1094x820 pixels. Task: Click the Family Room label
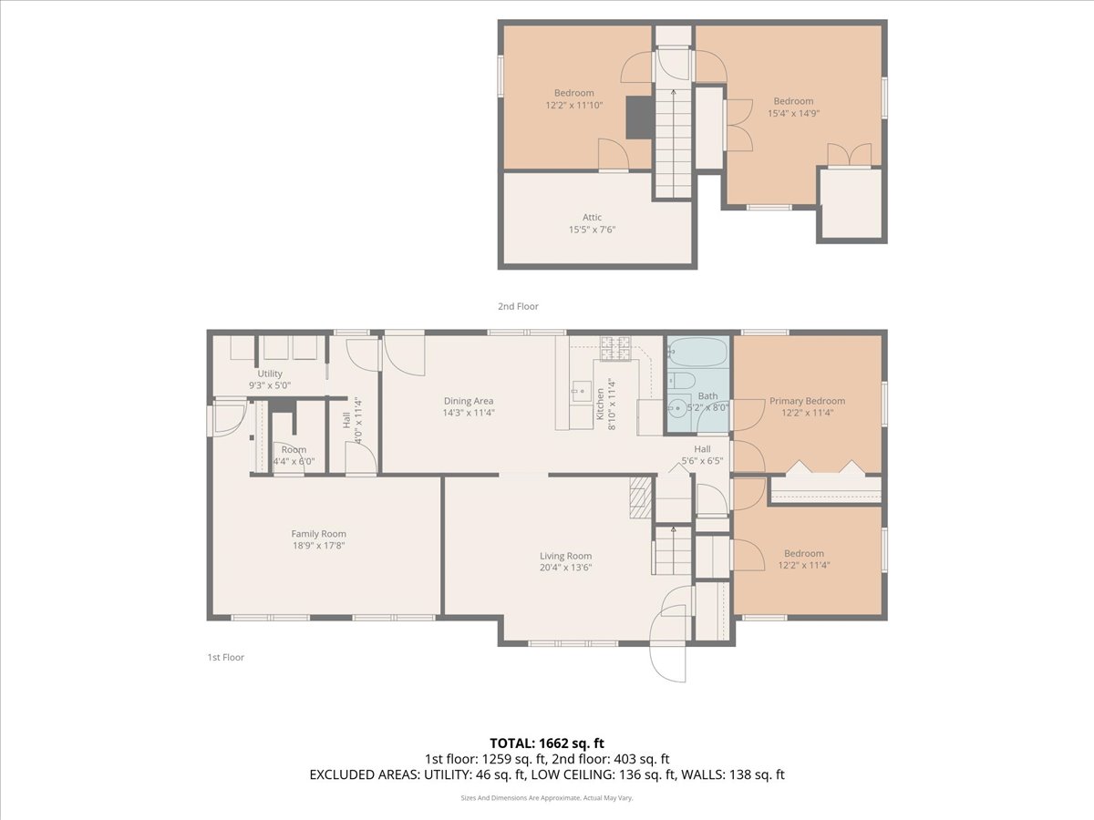(x=318, y=534)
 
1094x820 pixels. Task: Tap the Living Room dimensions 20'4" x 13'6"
(x=565, y=567)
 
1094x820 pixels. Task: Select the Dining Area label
(x=469, y=401)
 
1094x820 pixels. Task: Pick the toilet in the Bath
(x=682, y=380)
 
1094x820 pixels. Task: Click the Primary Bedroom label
(x=807, y=401)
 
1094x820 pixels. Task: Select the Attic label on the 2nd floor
(x=592, y=217)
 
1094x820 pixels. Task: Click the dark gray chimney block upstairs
(x=639, y=116)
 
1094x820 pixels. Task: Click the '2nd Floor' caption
(x=518, y=307)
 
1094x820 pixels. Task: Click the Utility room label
(x=270, y=374)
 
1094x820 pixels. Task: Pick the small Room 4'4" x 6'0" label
(x=294, y=456)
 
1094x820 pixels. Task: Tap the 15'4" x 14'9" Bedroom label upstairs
(x=793, y=108)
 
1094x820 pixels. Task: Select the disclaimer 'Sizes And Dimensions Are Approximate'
(x=546, y=798)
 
